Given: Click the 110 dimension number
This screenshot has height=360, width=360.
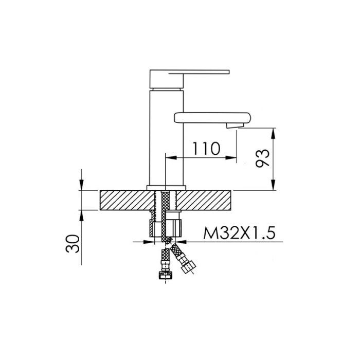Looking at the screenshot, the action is [206, 149].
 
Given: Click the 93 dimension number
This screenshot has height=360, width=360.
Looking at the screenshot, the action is [262, 158].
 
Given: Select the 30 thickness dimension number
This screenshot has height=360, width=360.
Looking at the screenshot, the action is [73, 244].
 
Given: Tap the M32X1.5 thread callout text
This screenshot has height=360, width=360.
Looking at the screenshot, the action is [239, 233].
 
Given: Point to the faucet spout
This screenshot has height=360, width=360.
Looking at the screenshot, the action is [212, 118].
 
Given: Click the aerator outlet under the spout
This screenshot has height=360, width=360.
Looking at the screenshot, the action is [235, 125].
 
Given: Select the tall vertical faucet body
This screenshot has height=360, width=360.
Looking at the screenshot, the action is [167, 138].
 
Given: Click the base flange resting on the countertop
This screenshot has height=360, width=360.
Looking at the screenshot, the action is [166, 188].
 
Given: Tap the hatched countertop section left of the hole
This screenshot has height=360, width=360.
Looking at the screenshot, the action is [127, 200].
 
